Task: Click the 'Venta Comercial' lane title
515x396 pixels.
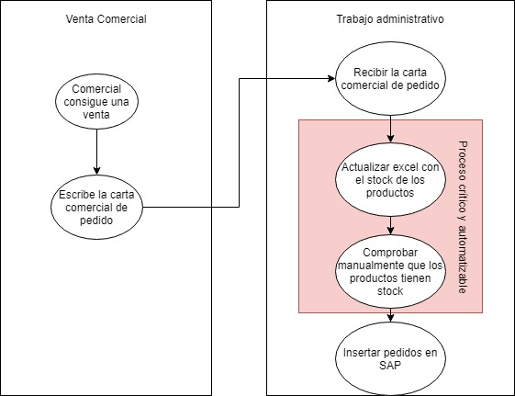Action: pos(106,19)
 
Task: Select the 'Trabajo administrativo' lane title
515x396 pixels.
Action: pos(390,19)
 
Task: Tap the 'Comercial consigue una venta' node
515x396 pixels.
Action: pos(96,102)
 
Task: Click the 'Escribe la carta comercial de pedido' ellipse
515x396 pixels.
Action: pos(96,208)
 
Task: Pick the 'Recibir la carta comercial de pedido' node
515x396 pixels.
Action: pos(390,78)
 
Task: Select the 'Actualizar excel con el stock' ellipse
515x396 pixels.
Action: pos(390,180)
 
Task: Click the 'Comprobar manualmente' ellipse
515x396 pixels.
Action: pos(390,271)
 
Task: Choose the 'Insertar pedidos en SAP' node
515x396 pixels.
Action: pos(390,359)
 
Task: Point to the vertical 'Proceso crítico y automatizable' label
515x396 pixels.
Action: pos(462,217)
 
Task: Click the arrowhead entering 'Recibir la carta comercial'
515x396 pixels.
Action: pos(331,78)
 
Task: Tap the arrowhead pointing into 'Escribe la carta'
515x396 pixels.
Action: pos(96,171)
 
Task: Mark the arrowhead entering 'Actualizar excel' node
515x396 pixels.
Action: pos(390,139)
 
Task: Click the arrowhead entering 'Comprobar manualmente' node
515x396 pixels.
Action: pos(390,231)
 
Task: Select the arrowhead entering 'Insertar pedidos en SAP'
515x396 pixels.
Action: pos(390,318)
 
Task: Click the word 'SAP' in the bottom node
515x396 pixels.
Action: pos(390,365)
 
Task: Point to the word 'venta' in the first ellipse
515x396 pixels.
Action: pos(96,115)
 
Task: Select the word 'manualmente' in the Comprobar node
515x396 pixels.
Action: pos(371,266)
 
